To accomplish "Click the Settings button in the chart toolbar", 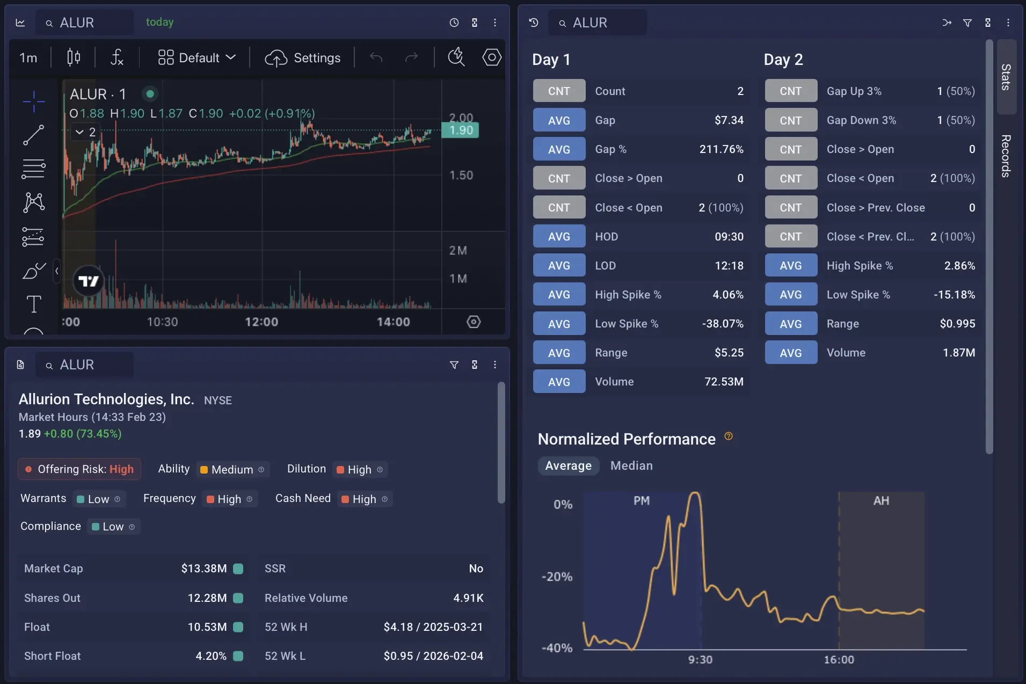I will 303,58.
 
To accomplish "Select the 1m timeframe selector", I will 28,58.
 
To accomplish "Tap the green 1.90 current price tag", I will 461,130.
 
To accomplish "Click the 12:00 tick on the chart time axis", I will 261,322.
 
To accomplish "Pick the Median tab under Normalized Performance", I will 631,465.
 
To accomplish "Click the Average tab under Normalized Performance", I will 568,465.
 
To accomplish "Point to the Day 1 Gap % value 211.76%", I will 721,149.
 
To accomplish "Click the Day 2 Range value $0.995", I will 957,324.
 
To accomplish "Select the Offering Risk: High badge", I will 79,469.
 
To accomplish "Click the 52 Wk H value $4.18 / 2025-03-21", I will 433,627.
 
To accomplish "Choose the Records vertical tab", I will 1006,156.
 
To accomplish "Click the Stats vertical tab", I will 1006,77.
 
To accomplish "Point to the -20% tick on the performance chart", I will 557,577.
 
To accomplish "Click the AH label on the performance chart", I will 881,501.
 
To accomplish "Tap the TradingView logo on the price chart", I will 88,281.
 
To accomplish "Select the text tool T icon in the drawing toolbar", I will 34,304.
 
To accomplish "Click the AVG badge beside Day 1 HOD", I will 559,237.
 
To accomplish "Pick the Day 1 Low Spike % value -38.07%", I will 722,324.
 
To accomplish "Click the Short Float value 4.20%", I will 211,656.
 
